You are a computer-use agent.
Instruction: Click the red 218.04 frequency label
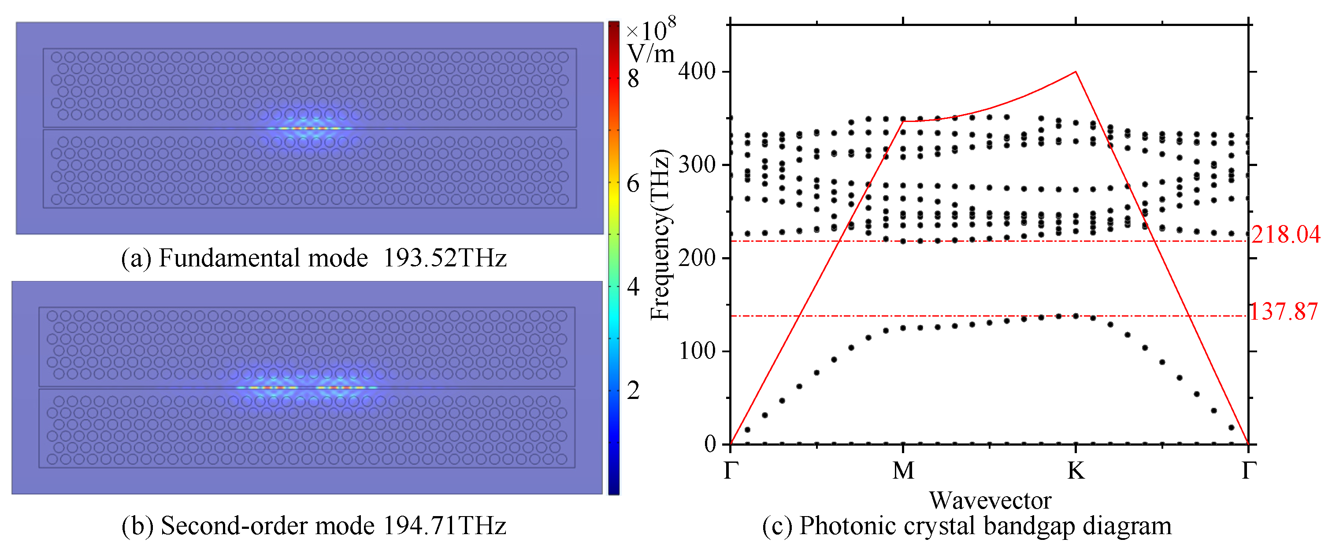click(1285, 235)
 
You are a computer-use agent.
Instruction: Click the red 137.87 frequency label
click(1284, 312)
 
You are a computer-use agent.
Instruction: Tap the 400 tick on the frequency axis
click(697, 71)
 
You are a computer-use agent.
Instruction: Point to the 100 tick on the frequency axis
click(697, 351)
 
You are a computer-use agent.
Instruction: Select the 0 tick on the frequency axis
click(710, 444)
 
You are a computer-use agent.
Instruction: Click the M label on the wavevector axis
click(903, 470)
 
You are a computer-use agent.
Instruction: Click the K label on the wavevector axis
click(1076, 470)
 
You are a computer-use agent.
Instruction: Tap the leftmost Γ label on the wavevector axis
click(731, 470)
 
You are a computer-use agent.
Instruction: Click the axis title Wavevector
click(990, 500)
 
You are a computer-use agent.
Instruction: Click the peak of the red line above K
click(1076, 72)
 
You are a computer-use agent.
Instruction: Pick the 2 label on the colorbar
click(633, 390)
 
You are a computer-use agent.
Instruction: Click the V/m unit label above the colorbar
click(650, 54)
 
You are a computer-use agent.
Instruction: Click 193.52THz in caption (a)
click(444, 258)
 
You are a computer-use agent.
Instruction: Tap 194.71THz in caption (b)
click(444, 526)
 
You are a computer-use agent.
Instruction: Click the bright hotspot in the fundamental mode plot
click(309, 128)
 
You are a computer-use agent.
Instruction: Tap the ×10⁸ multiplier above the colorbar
click(649, 30)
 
